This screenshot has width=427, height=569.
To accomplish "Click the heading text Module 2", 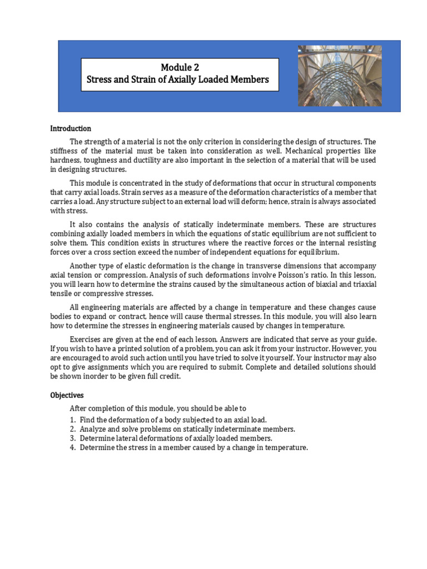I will (x=180, y=68).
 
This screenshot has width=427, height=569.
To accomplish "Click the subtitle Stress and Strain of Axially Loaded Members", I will (x=178, y=79).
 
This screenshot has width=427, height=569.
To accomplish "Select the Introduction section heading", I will (x=71, y=128).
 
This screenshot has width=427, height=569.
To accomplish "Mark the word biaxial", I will (x=315, y=284).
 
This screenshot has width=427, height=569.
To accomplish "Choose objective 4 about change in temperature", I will (x=193, y=448).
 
